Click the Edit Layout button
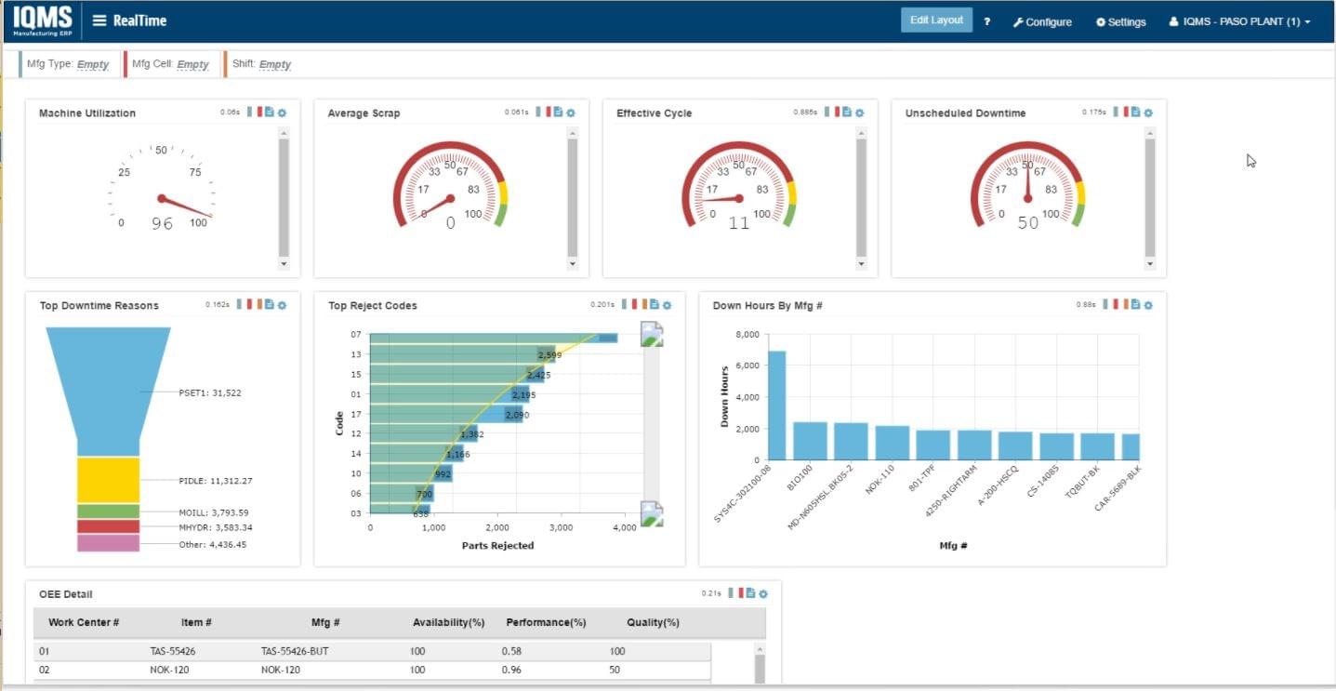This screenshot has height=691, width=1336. point(936,20)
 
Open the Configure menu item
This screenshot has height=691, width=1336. point(1042,22)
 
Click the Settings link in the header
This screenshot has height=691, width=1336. point(1121,22)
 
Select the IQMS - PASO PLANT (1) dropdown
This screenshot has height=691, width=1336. point(1239,22)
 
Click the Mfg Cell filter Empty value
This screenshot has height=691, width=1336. point(192,64)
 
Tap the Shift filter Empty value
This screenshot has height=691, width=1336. point(275,64)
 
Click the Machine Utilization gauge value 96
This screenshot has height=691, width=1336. point(162,224)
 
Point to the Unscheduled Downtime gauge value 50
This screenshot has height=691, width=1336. point(1027,223)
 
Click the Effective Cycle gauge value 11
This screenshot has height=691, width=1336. point(738,223)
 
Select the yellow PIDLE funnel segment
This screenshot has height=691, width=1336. point(108,480)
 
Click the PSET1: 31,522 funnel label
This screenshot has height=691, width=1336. point(210,393)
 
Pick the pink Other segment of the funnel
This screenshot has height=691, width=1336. point(108,543)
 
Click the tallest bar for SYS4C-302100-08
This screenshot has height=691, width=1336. point(776,405)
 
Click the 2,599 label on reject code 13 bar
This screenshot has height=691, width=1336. point(549,355)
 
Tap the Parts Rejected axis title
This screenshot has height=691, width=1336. point(497,546)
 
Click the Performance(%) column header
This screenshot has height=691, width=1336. point(546,622)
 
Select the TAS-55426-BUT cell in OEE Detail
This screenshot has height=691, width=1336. point(294,652)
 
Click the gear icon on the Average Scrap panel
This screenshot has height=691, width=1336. point(571,113)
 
